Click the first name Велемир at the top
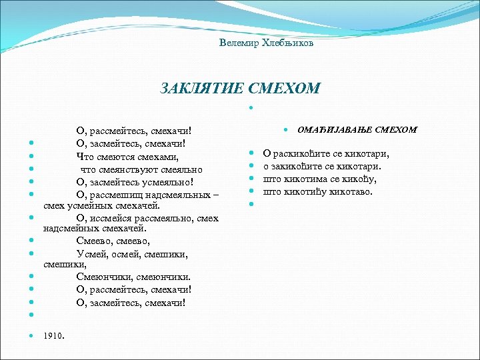point(236,43)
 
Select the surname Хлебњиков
point(283,43)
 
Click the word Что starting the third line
point(85,157)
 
